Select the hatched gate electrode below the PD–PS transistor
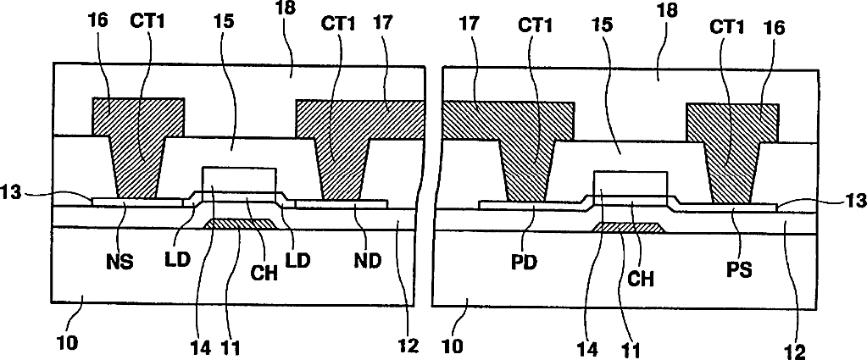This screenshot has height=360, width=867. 628,227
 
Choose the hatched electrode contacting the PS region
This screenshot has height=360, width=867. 731,144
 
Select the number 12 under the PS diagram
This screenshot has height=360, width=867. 796,349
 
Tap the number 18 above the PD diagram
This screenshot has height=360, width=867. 659,14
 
